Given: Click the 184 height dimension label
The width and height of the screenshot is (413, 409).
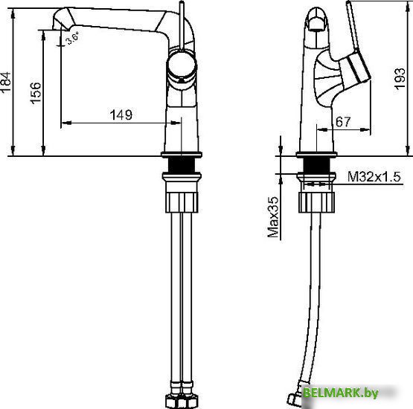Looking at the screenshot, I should click(x=7, y=82).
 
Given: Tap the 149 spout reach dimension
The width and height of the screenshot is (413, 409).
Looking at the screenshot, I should click(x=121, y=115).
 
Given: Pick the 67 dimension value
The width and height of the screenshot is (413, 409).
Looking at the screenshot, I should click(x=342, y=122).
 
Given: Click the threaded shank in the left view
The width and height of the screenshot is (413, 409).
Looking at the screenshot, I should click(x=182, y=167).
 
